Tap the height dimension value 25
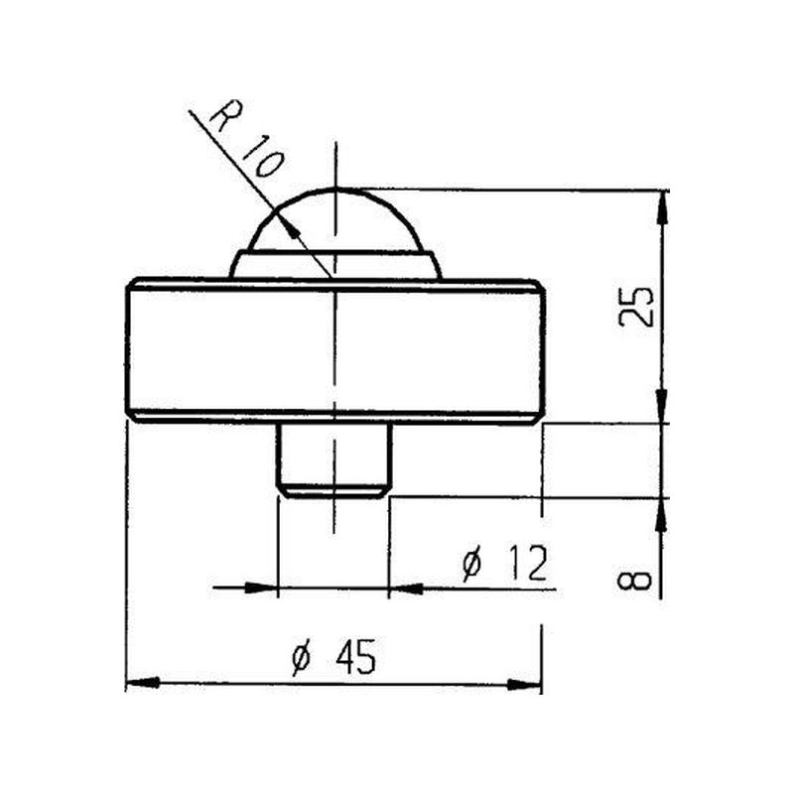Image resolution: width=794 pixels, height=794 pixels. pos(636,307)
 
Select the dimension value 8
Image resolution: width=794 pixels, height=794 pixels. pos(634,580)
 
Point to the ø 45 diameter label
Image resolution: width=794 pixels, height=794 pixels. pos(334,657)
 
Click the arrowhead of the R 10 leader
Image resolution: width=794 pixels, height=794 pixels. pos(293,229)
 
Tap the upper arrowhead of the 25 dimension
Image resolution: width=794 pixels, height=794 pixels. pos(662,207)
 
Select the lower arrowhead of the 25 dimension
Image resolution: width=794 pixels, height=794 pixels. pos(662,405)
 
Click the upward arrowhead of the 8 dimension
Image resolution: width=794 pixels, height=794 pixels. pos(661,514)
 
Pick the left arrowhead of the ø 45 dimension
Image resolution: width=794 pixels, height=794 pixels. pos(143,683)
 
